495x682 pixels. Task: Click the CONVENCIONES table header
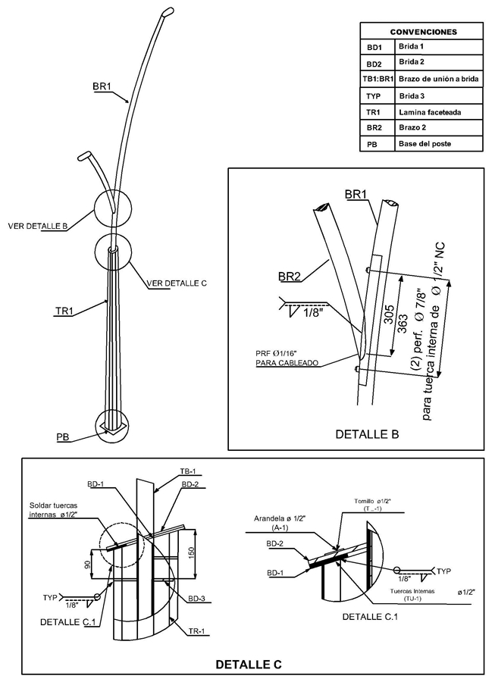pos(423,32)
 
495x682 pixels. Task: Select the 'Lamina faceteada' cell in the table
pos(430,112)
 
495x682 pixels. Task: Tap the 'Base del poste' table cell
pos(425,143)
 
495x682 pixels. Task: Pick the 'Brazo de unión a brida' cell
pos(438,79)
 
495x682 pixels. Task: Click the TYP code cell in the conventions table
pos(373,96)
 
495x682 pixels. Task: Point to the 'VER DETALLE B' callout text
pos(37,226)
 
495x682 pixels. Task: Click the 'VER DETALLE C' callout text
pos(177,283)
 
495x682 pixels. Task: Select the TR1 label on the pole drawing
pos(64,311)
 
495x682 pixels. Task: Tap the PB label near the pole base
pos(63,437)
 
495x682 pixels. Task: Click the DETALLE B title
pos(367,433)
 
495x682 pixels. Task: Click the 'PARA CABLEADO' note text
pos(287,363)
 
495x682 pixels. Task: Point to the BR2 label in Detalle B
pos(290,276)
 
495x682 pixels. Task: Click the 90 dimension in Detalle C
pos(87,565)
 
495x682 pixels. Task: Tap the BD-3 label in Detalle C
pos(196,599)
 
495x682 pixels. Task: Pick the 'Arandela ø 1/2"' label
pos(280,518)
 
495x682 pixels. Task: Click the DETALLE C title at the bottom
pos(249,664)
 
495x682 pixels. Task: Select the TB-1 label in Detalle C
pos(188,471)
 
